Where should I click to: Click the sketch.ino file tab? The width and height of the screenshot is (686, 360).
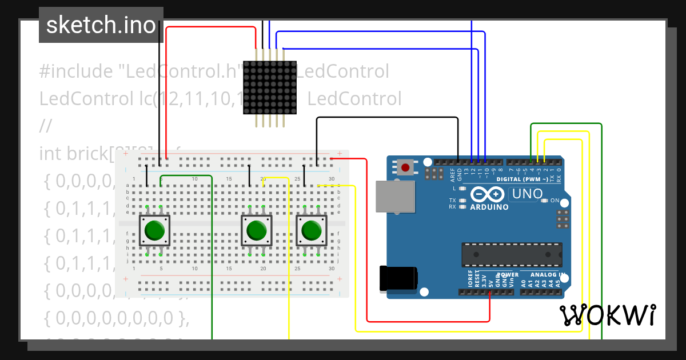pyautogui.click(x=101, y=25)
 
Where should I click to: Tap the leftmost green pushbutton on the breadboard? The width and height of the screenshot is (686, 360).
pyautogui.click(x=154, y=230)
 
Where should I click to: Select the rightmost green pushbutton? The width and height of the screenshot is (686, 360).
pyautogui.click(x=312, y=230)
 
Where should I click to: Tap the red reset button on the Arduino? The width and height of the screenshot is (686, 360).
pyautogui.click(x=405, y=167)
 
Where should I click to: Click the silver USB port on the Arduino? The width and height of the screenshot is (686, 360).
pyautogui.click(x=395, y=196)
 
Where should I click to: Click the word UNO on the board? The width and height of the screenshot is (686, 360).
pyautogui.click(x=527, y=194)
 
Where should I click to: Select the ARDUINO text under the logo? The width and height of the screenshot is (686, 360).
pyautogui.click(x=489, y=207)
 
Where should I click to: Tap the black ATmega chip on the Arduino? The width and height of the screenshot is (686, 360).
pyautogui.click(x=511, y=254)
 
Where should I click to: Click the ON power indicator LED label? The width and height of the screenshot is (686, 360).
pyautogui.click(x=555, y=201)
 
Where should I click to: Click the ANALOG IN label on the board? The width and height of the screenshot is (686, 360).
pyautogui.click(x=546, y=275)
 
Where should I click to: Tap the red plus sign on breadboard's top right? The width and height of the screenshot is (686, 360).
pyautogui.click(x=340, y=153)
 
